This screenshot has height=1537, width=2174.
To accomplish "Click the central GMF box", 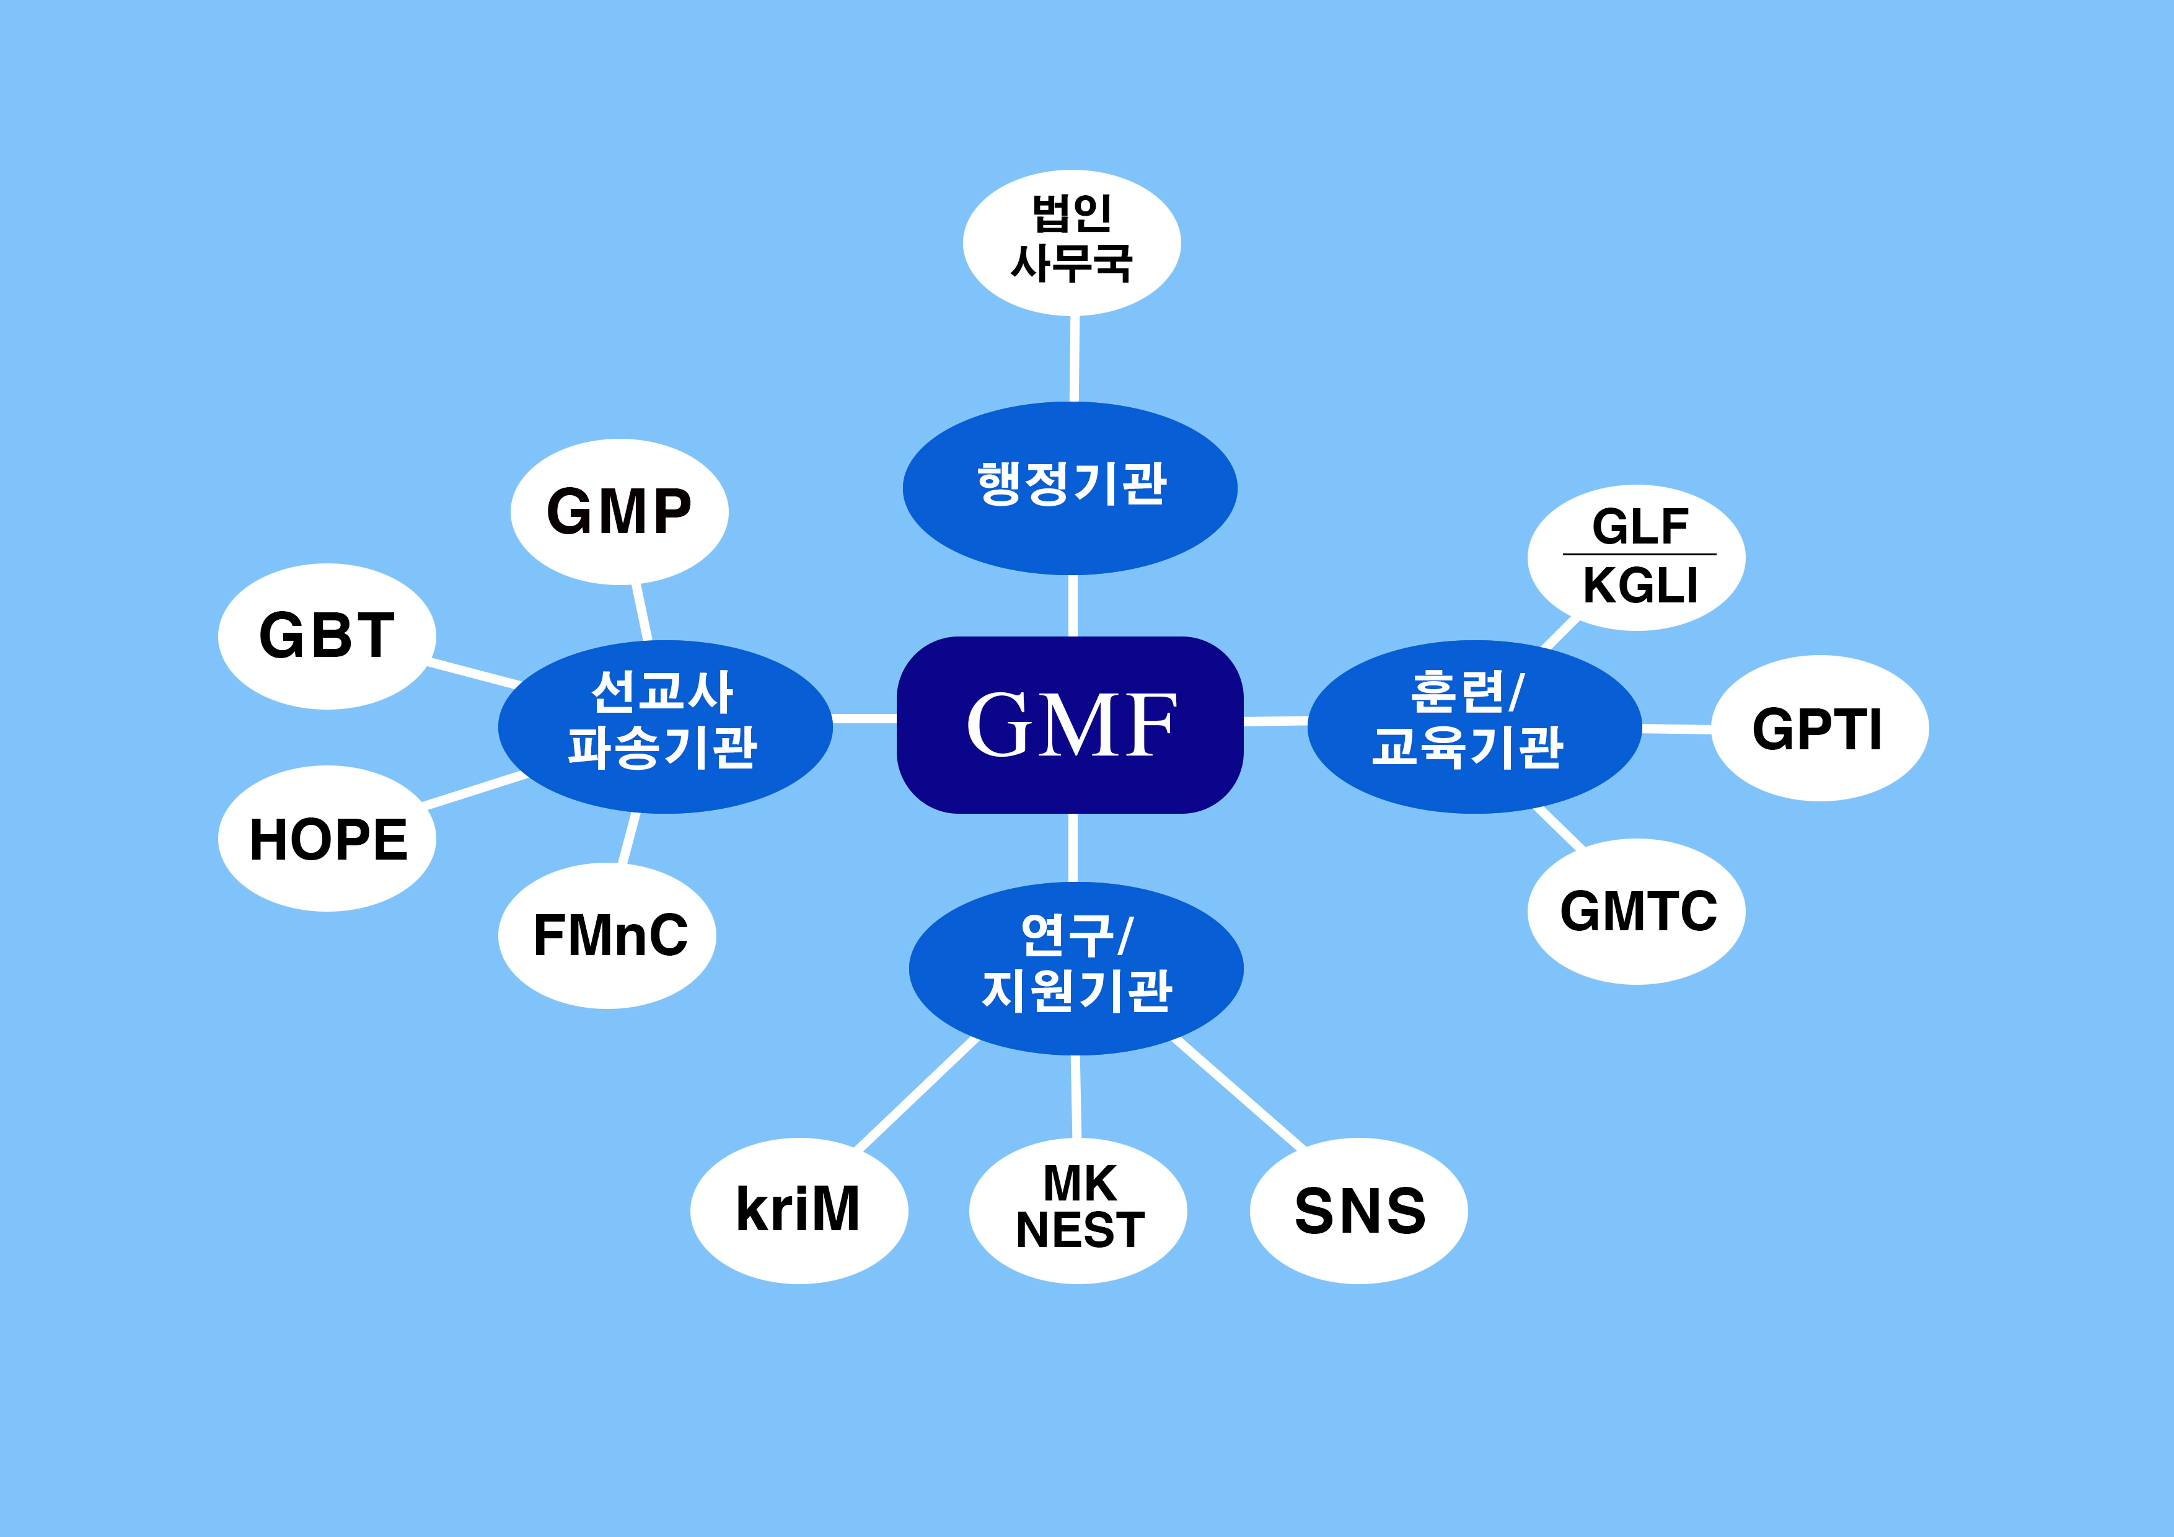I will [x=1070, y=724].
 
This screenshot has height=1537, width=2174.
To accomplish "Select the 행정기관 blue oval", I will [x=1070, y=488].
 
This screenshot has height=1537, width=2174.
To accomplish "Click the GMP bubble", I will [x=619, y=511].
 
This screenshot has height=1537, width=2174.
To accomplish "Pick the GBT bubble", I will [x=327, y=635].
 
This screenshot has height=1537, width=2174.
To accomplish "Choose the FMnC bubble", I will [x=607, y=936].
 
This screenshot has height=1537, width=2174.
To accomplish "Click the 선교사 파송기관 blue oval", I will [x=665, y=726].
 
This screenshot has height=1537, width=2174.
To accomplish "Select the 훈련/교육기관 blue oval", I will [x=1474, y=726].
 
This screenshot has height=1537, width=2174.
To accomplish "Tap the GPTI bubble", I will [x=1819, y=728].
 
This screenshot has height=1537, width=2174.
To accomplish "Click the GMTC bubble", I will [x=1636, y=911].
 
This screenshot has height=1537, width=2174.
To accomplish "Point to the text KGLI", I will [x=1640, y=585].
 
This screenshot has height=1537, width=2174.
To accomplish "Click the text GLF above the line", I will [x=1640, y=527].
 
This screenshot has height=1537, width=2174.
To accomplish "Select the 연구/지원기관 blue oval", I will [x=1076, y=968].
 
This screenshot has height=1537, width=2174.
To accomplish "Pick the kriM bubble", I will [x=798, y=1210].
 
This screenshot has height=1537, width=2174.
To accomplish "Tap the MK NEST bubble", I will [x=1078, y=1210].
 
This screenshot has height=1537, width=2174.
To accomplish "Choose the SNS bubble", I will [x=1358, y=1210].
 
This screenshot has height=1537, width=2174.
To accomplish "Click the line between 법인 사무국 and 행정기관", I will [x=1074, y=359].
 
